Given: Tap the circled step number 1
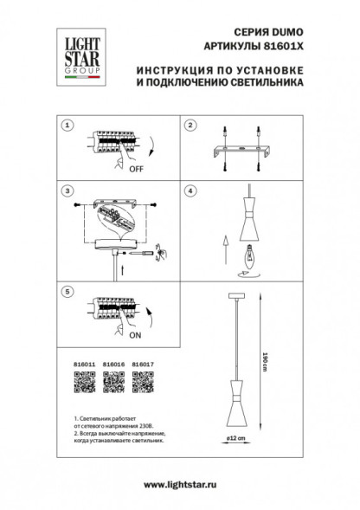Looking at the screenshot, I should pos(66,126).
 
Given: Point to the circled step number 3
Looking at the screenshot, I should pos(66,188).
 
